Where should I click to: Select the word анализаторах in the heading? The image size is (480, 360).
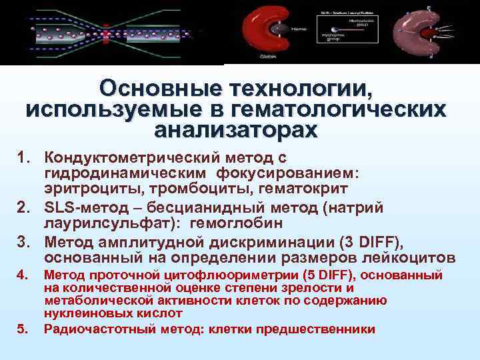tap(236, 129)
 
